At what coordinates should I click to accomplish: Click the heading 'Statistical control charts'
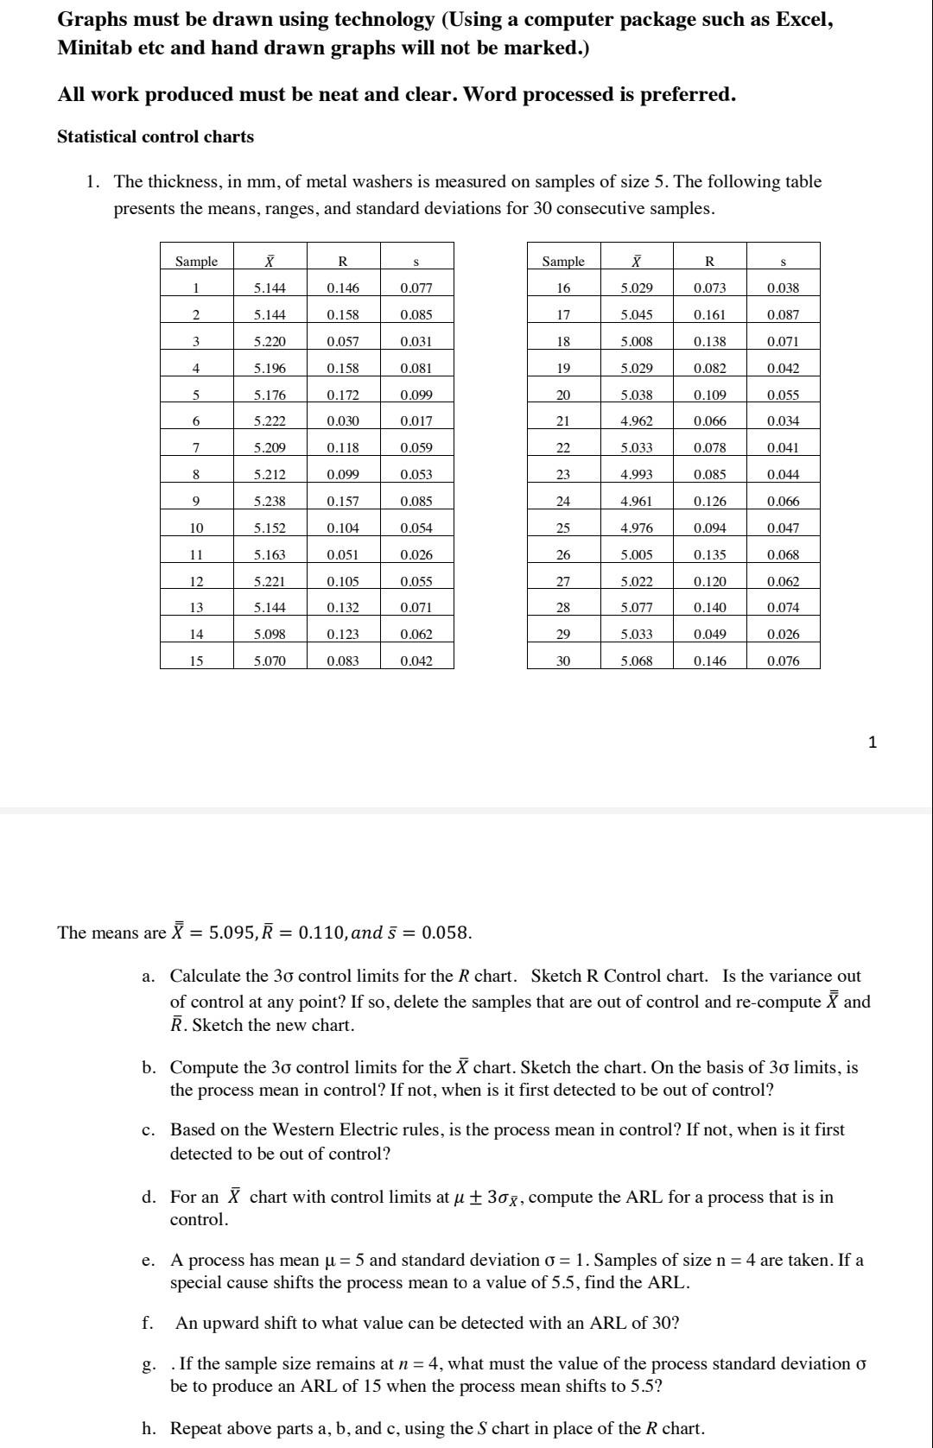coord(155,136)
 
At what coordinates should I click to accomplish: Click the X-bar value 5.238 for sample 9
coord(270,501)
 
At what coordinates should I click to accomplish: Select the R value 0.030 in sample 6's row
coord(343,421)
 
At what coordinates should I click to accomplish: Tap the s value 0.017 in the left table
coord(416,421)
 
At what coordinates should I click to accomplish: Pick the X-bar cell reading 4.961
coord(637,501)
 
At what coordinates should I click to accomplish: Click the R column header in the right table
coord(709,261)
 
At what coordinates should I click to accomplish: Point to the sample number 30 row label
coord(563,661)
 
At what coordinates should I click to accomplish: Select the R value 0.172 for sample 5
coord(343,395)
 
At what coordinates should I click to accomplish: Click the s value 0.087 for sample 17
coord(783,314)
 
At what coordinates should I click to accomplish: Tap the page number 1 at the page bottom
coord(872,742)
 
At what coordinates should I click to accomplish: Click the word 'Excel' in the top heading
coord(803,19)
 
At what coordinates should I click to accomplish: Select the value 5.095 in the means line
coord(231,933)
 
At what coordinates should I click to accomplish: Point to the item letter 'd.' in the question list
coord(149,1197)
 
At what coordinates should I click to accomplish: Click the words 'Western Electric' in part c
coord(328,1129)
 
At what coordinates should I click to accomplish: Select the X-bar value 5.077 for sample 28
coord(637,607)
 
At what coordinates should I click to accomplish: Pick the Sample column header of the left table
coord(196,261)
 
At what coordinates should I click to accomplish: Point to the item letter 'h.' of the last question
coord(149,1428)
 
